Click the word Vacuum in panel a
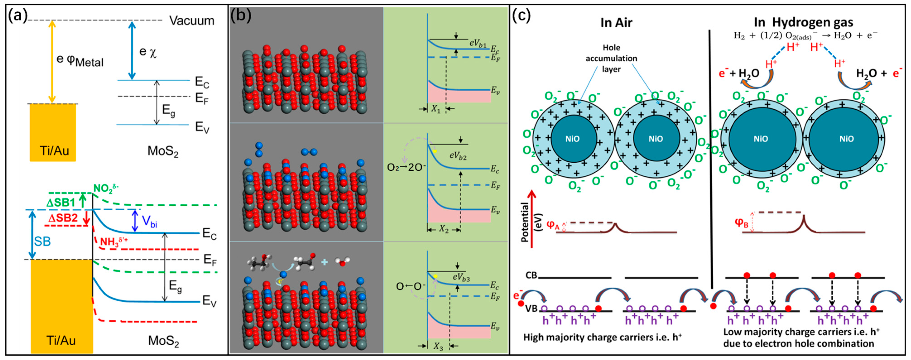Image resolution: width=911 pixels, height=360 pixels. coord(192,21)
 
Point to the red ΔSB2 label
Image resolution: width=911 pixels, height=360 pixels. coord(63,218)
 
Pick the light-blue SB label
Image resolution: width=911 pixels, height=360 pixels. coord(42,242)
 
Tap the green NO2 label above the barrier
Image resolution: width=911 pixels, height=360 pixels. coord(106,188)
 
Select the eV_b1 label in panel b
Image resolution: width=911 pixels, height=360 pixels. coord(478,43)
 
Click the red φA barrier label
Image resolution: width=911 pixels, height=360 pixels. coord(553,225)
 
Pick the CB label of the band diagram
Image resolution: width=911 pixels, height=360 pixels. coord(531,275)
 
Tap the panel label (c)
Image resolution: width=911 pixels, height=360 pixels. coord(521,16)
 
